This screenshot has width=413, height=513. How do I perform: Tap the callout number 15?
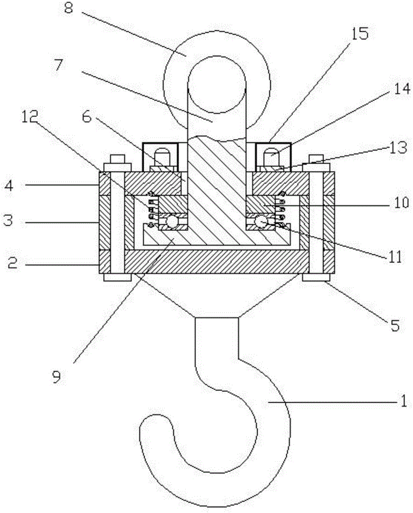360,33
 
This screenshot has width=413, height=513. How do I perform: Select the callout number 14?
401,89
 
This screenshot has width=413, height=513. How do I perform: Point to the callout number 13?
399,148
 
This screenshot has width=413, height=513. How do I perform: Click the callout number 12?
30,117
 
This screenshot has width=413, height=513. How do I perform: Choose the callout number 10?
401,203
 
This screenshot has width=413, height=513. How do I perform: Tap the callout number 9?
56,377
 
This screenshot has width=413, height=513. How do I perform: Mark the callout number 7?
58,65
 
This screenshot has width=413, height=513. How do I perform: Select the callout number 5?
396,325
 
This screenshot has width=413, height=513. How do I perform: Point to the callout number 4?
9,186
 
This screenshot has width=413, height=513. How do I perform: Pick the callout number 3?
8,221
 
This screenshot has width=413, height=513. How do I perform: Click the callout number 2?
12,263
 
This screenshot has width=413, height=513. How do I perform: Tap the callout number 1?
404,401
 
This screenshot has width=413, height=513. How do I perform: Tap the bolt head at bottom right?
316,278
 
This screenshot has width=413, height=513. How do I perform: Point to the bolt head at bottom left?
117,278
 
